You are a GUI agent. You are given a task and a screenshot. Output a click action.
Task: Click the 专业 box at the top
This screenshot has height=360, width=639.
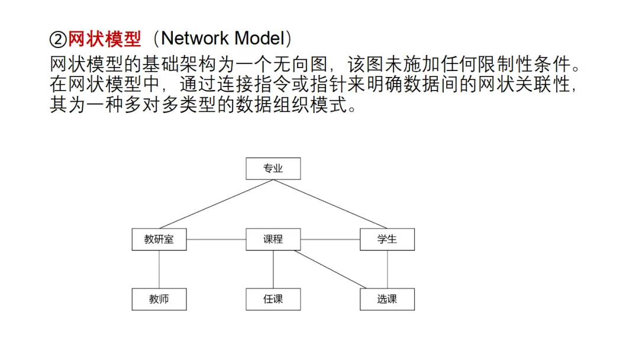tap(273, 168)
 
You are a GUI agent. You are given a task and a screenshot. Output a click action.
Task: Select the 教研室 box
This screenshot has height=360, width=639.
tap(159, 239)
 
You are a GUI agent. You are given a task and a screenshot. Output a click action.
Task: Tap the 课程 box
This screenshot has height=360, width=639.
tap(273, 239)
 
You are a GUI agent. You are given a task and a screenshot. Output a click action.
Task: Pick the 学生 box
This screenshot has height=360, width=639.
tap(387, 239)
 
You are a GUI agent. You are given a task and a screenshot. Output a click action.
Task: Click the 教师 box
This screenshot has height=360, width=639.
tap(159, 299)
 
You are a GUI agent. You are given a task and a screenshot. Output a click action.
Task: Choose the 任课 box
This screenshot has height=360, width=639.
tap(273, 299)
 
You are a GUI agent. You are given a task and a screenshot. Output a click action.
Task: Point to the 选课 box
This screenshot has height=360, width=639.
tap(387, 299)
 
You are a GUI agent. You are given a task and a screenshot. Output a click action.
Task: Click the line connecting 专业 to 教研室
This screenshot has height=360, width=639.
tap(216, 204)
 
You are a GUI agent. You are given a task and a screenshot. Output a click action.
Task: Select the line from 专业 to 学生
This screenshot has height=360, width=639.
tap(330, 204)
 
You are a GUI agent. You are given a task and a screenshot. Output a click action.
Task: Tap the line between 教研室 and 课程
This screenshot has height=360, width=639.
tap(216, 239)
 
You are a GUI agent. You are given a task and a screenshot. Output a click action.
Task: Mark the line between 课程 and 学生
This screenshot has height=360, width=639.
tap(330, 239)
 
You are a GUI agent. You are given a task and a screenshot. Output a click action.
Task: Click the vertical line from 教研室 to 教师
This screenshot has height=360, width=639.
tap(159, 269)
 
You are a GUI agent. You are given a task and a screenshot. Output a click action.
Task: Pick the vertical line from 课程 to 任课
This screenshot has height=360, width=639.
tap(273, 269)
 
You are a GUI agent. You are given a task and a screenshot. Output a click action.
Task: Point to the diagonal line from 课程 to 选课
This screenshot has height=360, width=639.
tap(330, 269)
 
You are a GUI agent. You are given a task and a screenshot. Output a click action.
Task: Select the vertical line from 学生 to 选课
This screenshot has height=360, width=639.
tap(387, 269)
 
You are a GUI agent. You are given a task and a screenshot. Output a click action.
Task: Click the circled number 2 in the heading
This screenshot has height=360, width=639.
tap(58, 40)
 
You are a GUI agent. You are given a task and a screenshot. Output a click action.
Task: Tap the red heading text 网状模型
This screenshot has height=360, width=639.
tap(104, 38)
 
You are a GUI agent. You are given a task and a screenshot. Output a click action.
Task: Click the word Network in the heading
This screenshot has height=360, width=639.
tap(195, 38)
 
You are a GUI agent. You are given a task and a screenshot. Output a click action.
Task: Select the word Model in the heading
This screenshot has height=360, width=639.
tap(259, 38)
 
